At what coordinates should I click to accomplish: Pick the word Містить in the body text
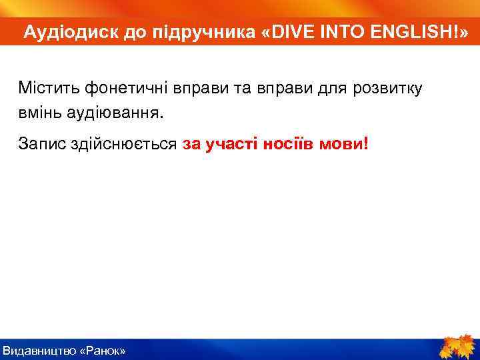(x=45, y=88)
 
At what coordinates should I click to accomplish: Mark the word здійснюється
(x=124, y=143)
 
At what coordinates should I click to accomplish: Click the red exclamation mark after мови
(x=365, y=143)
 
